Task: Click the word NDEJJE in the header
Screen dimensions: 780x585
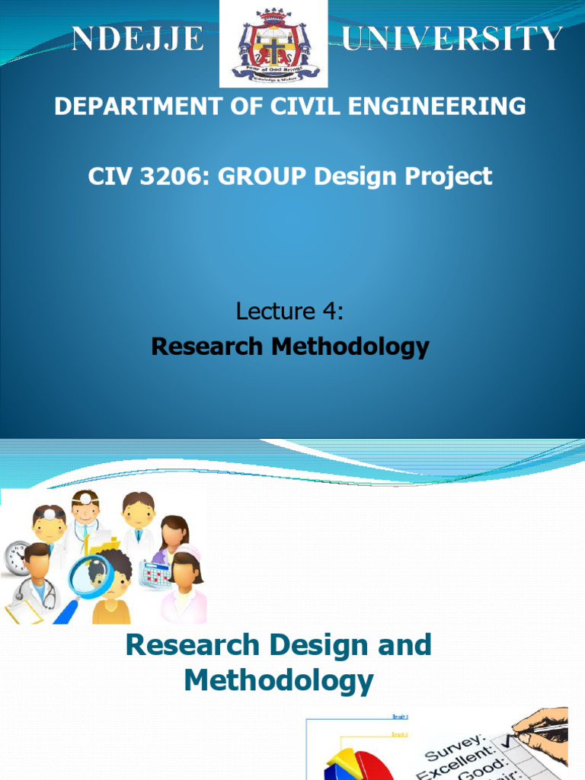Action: click(x=138, y=38)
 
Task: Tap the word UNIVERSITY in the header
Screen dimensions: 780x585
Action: click(x=452, y=38)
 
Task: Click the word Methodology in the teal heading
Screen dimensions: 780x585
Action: click(x=279, y=680)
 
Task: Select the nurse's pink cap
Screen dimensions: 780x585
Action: click(x=187, y=551)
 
